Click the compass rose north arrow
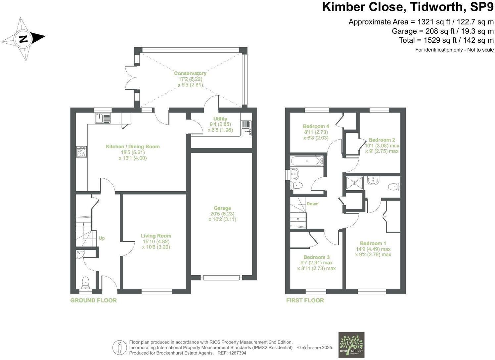(x=23, y=39)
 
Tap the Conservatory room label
(x=190, y=73)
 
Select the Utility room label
(x=220, y=119)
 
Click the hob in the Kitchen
(x=81, y=152)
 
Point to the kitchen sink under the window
(x=103, y=118)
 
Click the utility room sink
(x=246, y=128)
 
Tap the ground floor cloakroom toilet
(x=86, y=282)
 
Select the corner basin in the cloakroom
(x=80, y=254)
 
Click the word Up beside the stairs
(x=102, y=238)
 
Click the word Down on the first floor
(x=312, y=204)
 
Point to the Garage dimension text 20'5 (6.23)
(x=222, y=214)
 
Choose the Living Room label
(x=156, y=236)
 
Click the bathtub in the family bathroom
(x=307, y=161)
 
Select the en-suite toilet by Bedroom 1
(x=394, y=187)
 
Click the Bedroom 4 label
(x=316, y=126)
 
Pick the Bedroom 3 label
(x=316, y=257)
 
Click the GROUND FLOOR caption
(x=93, y=300)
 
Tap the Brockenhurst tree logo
(x=351, y=345)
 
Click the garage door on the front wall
(x=221, y=278)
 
